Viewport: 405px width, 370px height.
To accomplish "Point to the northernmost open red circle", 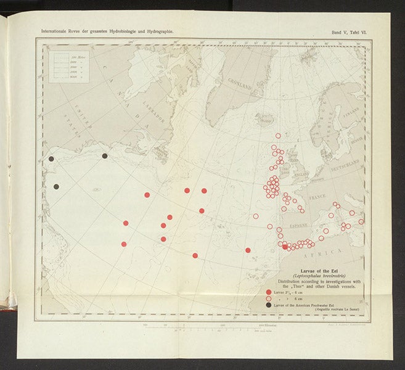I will coord(278,136).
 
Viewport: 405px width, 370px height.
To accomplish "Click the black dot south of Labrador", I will coord(105,156).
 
